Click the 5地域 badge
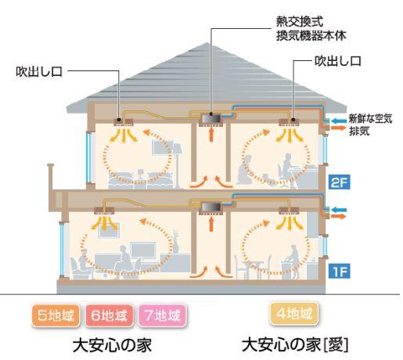click(56, 315)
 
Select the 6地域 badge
click(110, 315)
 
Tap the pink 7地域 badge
click(163, 315)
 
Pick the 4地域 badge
click(294, 314)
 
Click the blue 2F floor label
click(339, 182)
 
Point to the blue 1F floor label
click(339, 271)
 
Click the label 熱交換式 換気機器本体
click(311, 28)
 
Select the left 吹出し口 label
click(39, 71)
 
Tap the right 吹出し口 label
click(338, 61)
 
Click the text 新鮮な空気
click(370, 119)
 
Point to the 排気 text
click(359, 131)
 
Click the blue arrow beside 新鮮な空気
click(339, 121)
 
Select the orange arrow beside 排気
click(339, 128)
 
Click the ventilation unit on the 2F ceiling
click(211, 119)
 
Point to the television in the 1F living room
click(143, 250)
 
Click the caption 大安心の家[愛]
click(295, 344)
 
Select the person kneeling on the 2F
click(246, 170)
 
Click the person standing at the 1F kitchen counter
click(292, 258)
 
